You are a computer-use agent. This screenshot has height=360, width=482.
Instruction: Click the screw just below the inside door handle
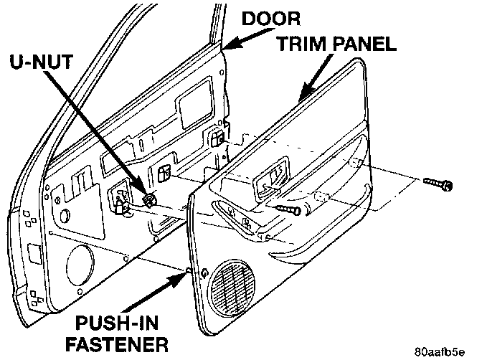point(289,207)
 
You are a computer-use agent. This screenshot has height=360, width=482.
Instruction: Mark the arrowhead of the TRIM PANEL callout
point(299,98)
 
